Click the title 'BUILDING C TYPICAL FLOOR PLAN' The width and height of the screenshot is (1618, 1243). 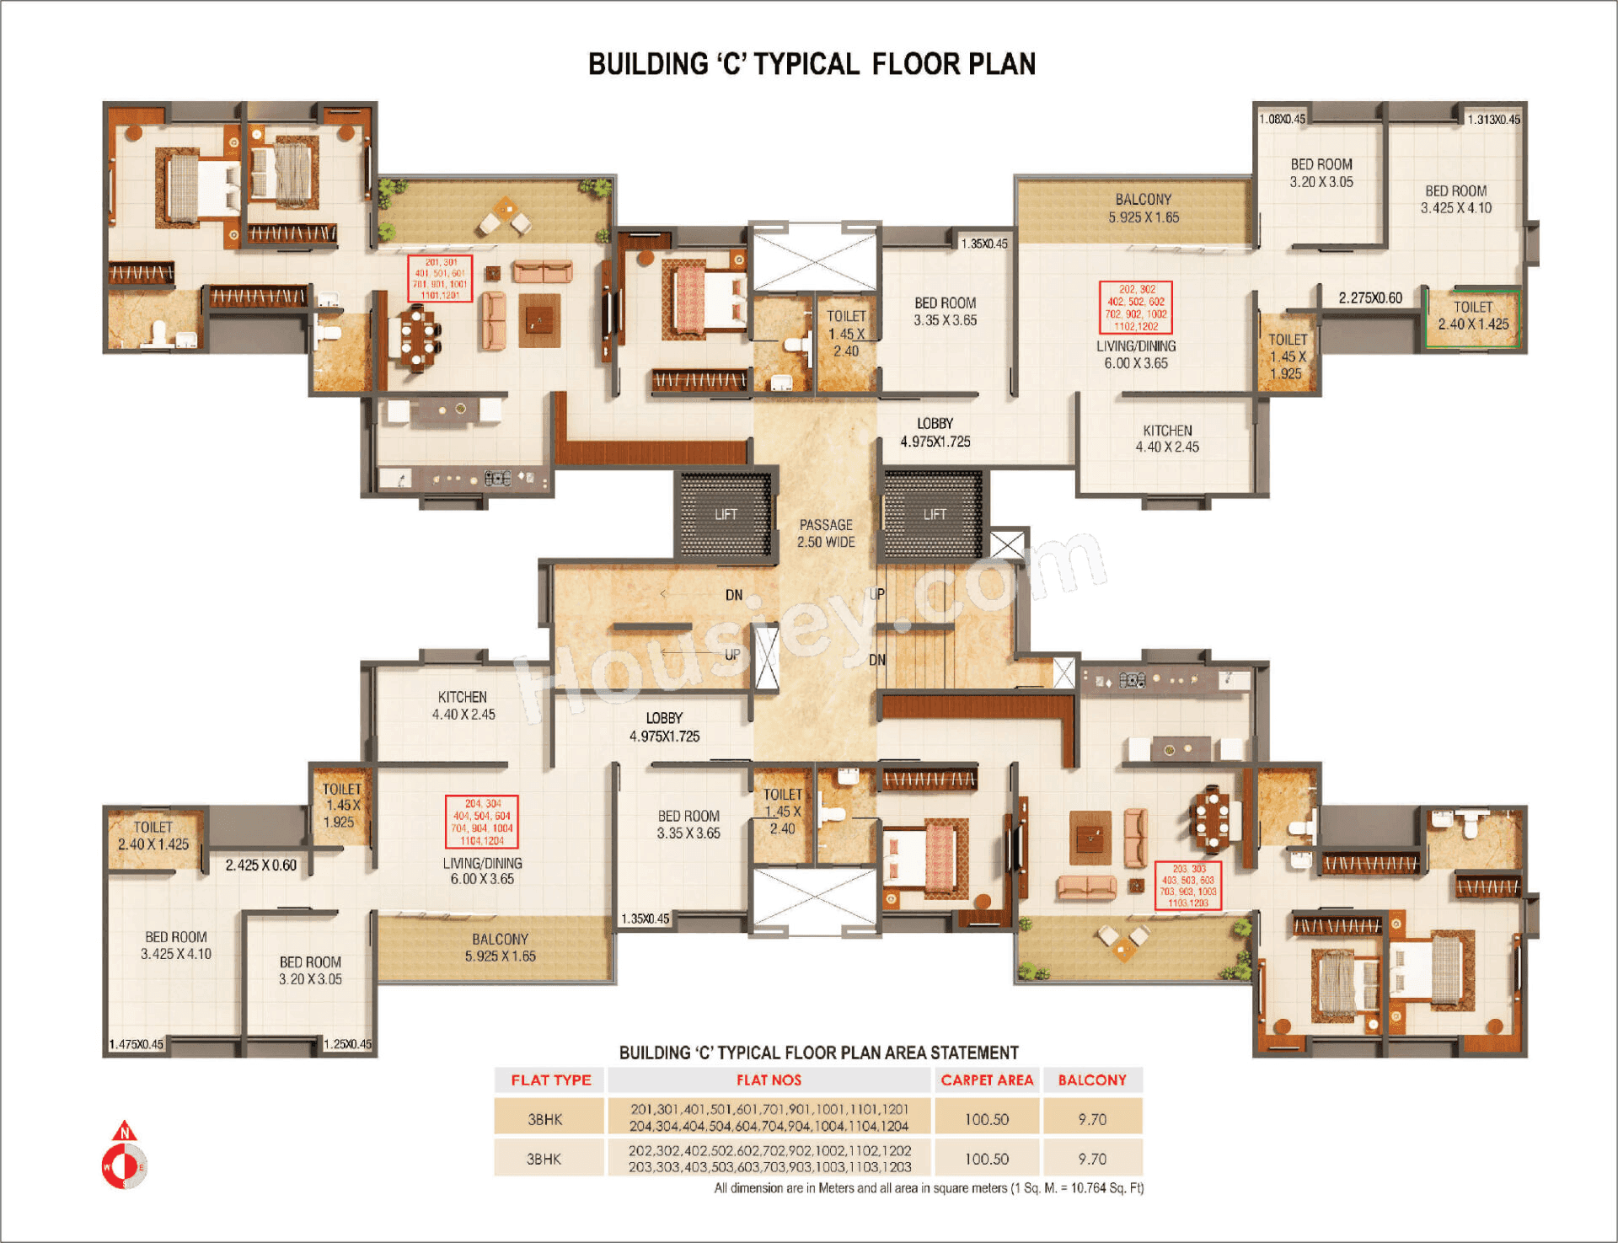coord(812,64)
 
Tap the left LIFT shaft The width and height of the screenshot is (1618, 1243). coord(726,515)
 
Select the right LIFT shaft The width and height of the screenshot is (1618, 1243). coord(933,515)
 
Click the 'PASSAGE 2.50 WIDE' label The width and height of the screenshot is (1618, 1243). coord(826,533)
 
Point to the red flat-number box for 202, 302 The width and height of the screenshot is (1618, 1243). coord(1136,308)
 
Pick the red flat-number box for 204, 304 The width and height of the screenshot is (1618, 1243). coord(481,822)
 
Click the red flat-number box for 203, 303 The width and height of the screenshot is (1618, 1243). coord(1187,885)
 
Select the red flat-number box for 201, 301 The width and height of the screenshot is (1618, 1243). coord(440,278)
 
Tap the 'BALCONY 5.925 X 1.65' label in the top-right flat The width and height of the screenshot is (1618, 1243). coord(1143,208)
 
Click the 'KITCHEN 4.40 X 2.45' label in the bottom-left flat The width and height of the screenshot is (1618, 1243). coord(463,705)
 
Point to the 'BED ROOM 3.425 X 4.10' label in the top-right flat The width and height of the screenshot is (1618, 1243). coord(1455,200)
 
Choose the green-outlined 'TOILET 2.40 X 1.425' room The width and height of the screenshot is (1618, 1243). coord(1472,317)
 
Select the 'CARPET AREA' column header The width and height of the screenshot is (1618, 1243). coord(986,1080)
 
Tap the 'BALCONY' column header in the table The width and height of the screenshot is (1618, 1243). coord(1092,1080)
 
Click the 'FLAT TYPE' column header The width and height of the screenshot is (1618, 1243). coord(550,1080)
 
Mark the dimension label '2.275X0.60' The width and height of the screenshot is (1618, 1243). coord(1370,297)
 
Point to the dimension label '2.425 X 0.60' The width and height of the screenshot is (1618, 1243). coord(260,865)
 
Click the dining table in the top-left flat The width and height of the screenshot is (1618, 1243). coord(418,338)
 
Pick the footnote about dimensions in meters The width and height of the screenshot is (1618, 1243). coord(929,1188)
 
